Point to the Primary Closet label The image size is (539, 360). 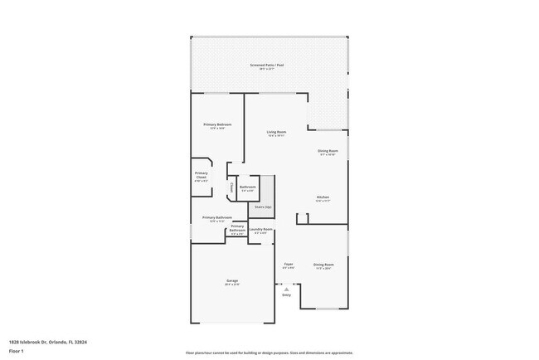(x=202, y=176)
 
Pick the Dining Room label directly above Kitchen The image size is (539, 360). (x=328, y=152)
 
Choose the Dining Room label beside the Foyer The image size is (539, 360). (x=323, y=266)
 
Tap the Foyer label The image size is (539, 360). (x=289, y=265)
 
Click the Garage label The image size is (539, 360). (x=232, y=282)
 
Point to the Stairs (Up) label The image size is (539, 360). (x=263, y=207)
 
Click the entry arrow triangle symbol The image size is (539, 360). (x=286, y=289)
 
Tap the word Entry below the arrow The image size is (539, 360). (x=287, y=295)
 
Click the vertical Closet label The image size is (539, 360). (x=231, y=188)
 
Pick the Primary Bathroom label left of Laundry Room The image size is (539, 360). (x=237, y=228)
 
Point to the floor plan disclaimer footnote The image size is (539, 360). (x=269, y=353)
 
